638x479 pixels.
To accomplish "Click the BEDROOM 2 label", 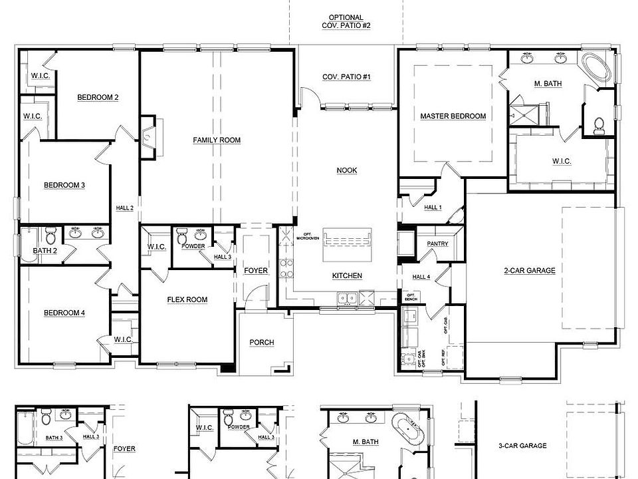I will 98,98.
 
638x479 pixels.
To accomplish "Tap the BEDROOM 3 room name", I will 64,185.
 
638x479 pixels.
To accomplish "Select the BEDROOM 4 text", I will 64,313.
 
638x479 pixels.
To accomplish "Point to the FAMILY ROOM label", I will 217,140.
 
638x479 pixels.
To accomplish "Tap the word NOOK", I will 347,171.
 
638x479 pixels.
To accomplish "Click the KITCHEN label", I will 347,275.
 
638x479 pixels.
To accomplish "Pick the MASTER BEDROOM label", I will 453,116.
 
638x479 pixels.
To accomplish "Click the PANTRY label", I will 437,244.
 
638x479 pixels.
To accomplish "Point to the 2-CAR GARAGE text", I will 530,271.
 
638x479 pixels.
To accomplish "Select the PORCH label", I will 262,343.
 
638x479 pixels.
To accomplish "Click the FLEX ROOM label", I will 187,300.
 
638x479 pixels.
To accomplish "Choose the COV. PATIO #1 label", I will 346,77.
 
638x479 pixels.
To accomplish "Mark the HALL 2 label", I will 125,208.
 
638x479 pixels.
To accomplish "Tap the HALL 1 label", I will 433,208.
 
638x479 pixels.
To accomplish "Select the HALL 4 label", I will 421,277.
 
